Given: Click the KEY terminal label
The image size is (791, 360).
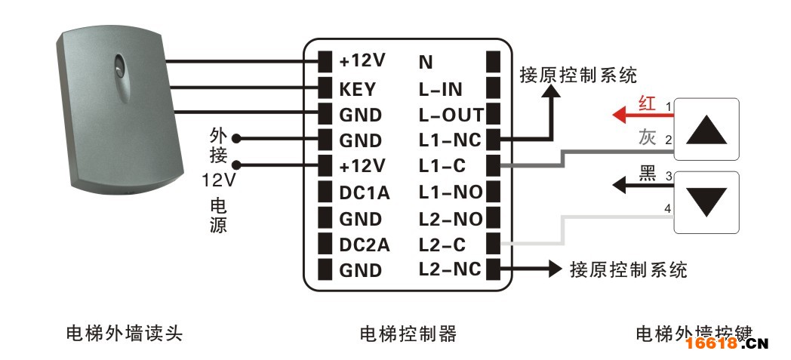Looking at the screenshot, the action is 358,89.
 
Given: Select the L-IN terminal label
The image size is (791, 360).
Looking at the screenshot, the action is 440,89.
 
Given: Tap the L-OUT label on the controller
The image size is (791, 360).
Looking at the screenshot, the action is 451,115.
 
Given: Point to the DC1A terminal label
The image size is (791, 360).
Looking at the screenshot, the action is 365,192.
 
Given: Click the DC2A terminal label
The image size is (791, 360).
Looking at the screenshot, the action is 365,245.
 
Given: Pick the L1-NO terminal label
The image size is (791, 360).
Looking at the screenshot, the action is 451,192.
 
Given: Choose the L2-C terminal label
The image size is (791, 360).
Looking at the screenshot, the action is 442,245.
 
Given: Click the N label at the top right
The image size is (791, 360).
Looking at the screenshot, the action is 426,62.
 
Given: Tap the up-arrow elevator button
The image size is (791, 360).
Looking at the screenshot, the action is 706,130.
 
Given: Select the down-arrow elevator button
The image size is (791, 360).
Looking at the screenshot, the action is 706,203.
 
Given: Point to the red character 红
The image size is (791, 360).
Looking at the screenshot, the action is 648,103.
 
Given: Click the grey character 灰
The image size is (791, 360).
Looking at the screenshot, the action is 648,137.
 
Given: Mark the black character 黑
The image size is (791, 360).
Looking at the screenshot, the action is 648,173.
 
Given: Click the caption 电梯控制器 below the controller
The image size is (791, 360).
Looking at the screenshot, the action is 408,334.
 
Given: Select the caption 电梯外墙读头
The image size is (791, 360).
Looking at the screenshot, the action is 124,334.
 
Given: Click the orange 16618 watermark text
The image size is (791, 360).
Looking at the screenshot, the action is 712,344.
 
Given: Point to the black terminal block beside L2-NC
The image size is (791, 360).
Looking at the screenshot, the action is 493,269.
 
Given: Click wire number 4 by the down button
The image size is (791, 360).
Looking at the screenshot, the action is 669,208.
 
